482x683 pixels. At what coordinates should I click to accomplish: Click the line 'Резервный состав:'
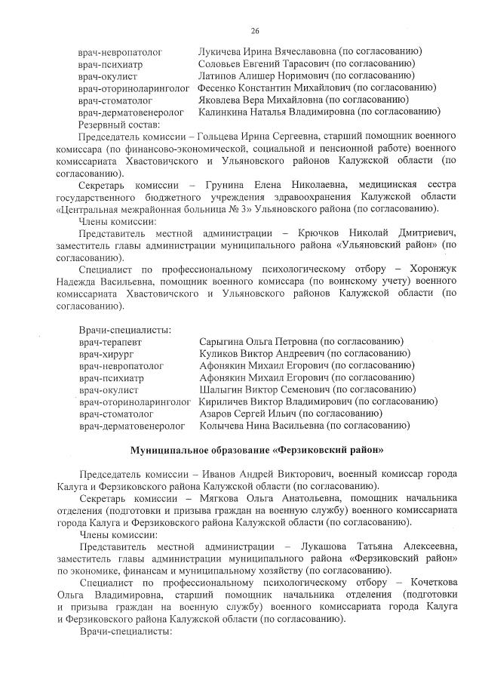click(x=118, y=124)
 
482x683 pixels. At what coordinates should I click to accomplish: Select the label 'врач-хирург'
click(x=105, y=354)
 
